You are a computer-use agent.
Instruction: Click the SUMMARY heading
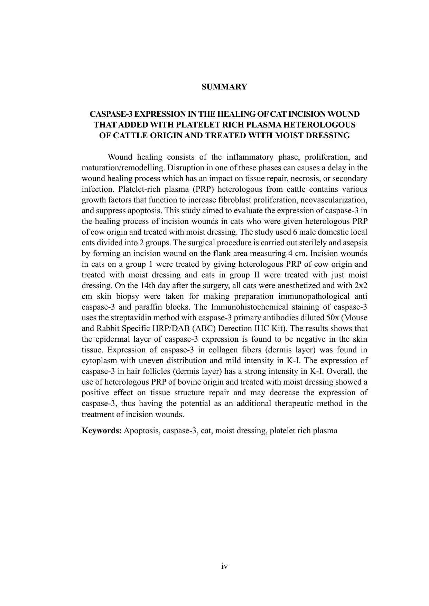(x=224, y=87)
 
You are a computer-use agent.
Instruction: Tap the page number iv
(x=225, y=566)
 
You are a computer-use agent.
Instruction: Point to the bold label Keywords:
(x=101, y=431)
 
